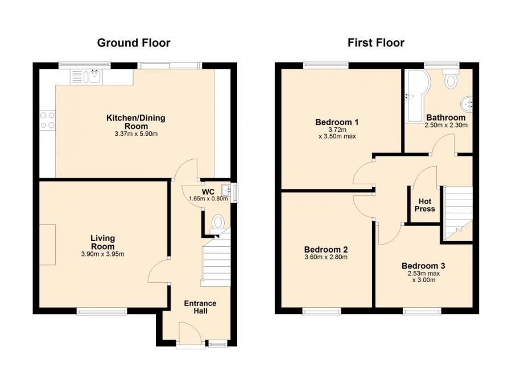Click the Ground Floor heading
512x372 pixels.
134,43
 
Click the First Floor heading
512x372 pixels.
376,43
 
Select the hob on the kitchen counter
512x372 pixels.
47,120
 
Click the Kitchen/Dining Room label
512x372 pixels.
135,122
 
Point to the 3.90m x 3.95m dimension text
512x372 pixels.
102,254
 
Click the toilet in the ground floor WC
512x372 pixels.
218,221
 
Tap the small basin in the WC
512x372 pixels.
226,189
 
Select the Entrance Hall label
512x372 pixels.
199,307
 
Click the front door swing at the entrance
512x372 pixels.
188,331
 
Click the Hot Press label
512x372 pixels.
424,205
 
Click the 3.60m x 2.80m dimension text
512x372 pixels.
325,257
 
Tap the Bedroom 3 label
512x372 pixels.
423,266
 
